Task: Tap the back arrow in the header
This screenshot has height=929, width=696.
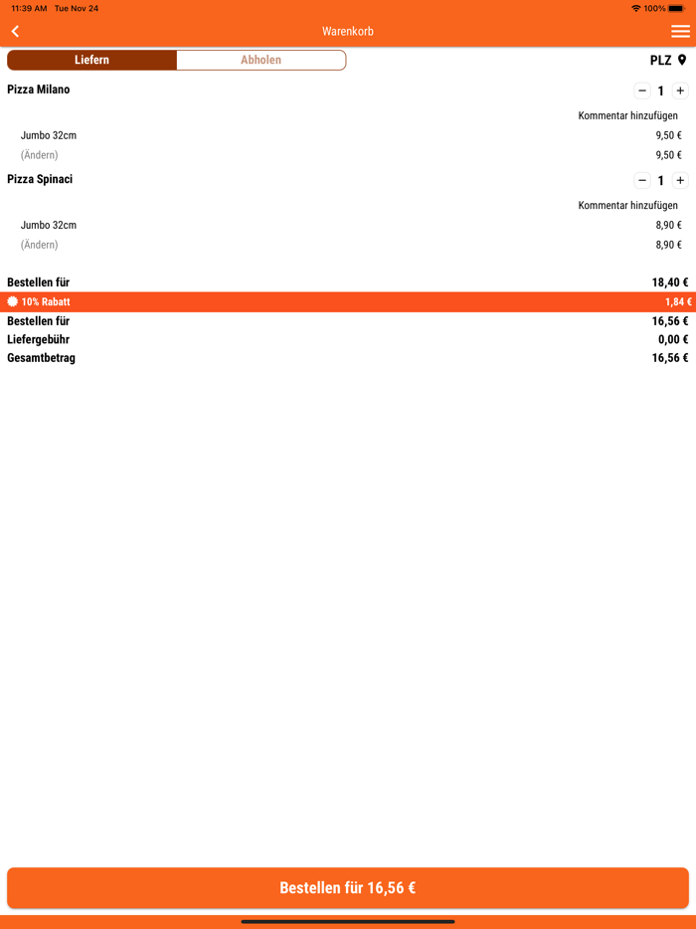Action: click(x=15, y=32)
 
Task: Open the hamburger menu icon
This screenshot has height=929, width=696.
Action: click(x=680, y=32)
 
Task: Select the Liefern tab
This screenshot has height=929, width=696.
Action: click(x=92, y=61)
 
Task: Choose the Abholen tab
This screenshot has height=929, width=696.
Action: click(x=261, y=61)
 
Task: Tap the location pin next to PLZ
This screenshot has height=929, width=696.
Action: click(x=682, y=61)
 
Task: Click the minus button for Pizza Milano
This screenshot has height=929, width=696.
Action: click(x=642, y=91)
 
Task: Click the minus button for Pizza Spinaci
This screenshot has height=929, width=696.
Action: click(x=642, y=180)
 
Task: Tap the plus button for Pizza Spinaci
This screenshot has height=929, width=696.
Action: click(x=680, y=180)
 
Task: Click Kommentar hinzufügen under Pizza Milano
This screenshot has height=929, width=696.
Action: click(x=627, y=116)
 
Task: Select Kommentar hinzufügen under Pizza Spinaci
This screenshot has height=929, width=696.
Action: click(x=627, y=206)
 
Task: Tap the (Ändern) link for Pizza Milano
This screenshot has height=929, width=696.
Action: click(x=40, y=155)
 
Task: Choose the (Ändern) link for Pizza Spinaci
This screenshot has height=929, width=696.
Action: click(x=40, y=245)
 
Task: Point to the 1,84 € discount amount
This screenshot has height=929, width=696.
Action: click(x=678, y=302)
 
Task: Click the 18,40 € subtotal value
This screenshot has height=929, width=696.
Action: click(x=669, y=282)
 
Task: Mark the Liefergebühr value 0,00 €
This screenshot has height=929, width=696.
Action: click(x=672, y=340)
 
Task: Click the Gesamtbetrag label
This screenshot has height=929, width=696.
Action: click(x=41, y=358)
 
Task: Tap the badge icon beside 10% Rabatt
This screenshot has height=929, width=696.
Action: click(x=13, y=302)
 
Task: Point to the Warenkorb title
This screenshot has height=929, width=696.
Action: click(x=348, y=32)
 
